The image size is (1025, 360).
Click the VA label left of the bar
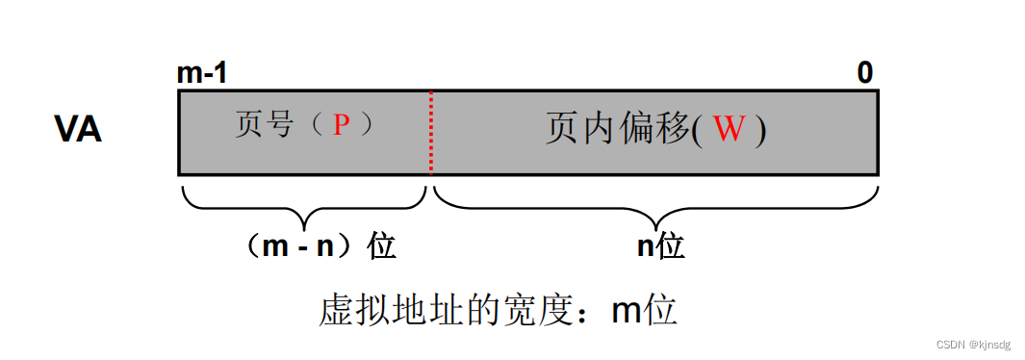tap(77, 130)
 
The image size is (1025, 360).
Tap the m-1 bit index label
tap(202, 73)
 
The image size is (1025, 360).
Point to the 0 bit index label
tap(865, 73)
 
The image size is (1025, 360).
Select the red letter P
tap(342, 125)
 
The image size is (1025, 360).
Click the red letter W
tap(729, 130)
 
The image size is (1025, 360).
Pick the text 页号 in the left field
tap(263, 125)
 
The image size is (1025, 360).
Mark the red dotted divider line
tap(430, 132)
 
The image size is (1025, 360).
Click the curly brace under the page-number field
tap(303, 202)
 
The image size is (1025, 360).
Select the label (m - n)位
tap(320, 246)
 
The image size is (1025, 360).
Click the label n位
tap(660, 246)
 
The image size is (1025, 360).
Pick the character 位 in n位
tap(670, 246)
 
